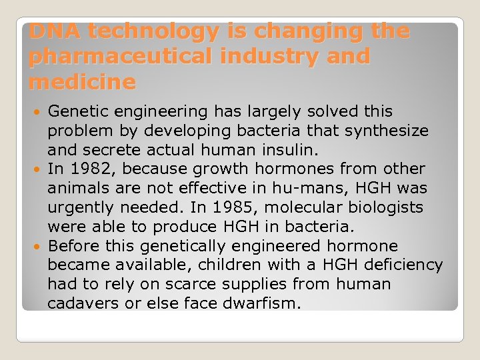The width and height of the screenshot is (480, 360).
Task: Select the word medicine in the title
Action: point(83,83)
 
